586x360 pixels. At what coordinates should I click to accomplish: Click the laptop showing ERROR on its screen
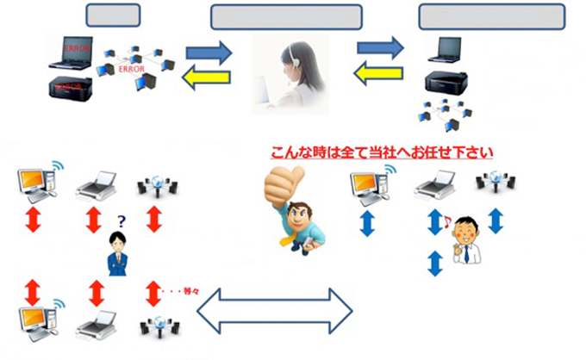(x=72, y=53)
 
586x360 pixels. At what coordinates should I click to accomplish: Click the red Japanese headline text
(x=381, y=152)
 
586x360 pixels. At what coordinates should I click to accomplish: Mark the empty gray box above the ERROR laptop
(x=115, y=15)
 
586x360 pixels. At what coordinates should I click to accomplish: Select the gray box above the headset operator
(x=286, y=17)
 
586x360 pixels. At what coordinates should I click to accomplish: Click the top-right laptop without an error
(x=450, y=52)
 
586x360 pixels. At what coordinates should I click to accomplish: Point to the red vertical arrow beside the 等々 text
(x=154, y=290)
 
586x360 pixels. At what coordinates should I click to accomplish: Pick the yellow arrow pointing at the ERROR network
(x=208, y=79)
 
